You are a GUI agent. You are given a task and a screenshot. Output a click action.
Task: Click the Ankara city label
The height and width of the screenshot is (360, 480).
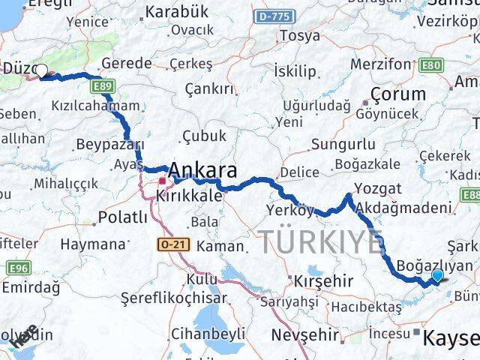tap(205, 170)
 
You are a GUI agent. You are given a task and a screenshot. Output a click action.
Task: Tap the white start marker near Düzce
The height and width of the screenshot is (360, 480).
tap(43, 71)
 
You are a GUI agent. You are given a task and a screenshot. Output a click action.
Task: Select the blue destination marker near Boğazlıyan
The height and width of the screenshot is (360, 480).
tap(437, 276)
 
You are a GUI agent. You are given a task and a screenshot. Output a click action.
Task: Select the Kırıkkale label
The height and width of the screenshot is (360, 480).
tap(189, 195)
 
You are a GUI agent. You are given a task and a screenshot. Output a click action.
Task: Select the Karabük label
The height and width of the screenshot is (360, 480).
tap(176, 11)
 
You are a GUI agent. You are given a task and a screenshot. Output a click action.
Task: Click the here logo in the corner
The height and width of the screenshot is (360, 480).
tap(22, 337)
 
